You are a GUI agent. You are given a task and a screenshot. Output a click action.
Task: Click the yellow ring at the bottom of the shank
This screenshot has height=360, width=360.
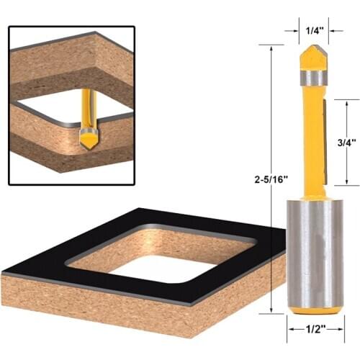311,310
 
